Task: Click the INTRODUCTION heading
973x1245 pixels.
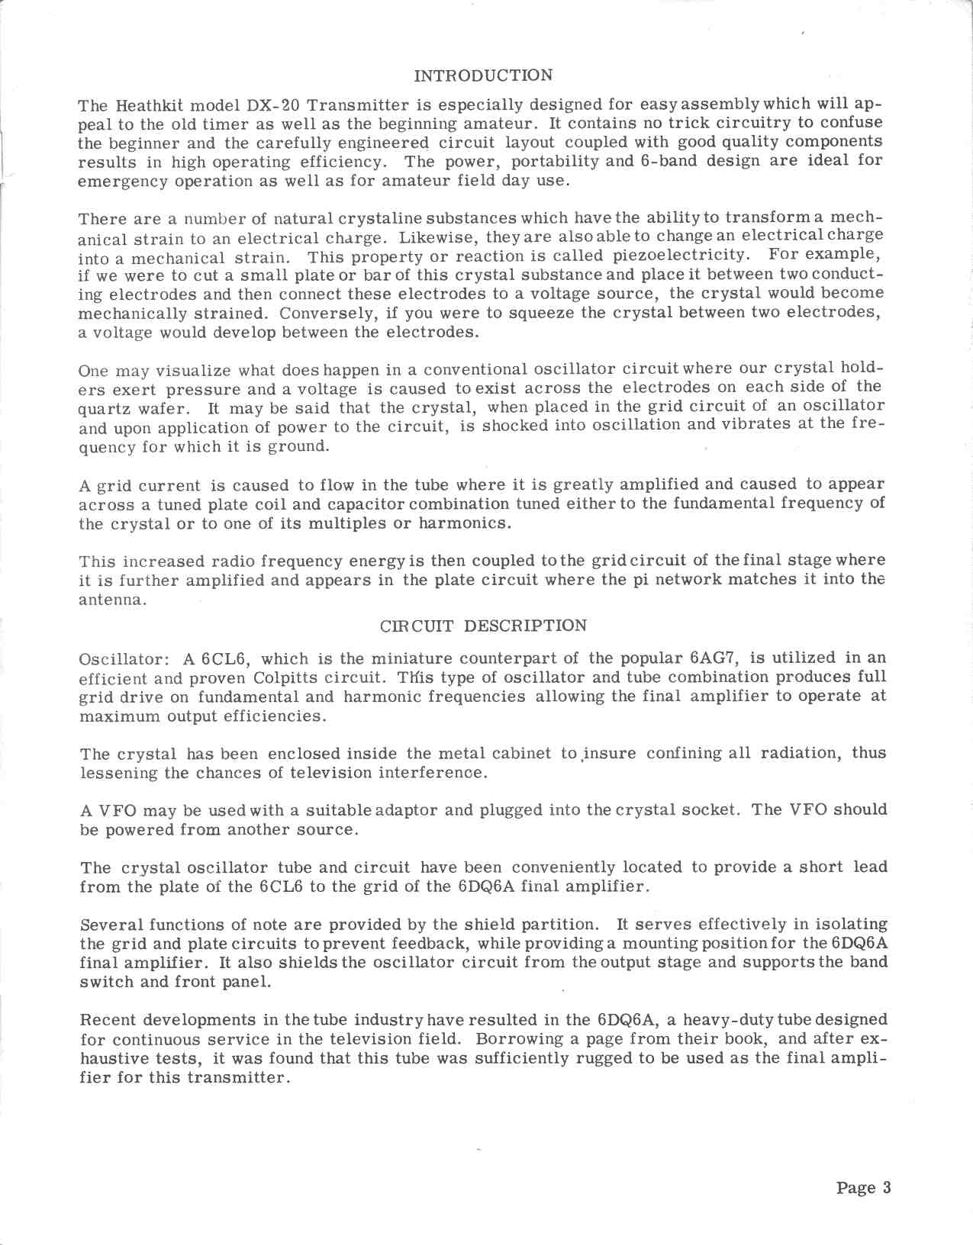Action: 482,76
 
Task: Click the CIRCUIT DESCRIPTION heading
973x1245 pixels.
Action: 484,626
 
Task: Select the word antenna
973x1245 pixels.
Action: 111,600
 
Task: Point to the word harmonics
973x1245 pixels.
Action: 466,524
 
